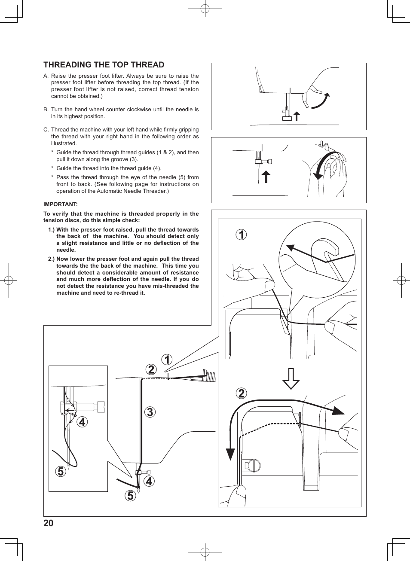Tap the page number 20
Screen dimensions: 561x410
tap(49, 523)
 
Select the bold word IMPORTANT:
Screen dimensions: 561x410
tap(60, 204)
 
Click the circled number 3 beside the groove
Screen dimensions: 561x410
tap(150, 412)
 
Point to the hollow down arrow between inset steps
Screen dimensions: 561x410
tap(291, 378)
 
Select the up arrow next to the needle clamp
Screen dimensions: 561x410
tap(266, 176)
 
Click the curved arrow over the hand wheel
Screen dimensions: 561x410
tap(320, 165)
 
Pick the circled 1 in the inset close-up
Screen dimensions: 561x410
tap(242, 235)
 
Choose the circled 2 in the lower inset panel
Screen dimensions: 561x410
tap(242, 393)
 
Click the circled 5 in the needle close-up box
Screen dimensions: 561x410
tap(61, 471)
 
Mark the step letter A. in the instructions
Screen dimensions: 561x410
tap(46, 76)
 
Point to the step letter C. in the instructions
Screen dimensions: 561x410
tap(46, 130)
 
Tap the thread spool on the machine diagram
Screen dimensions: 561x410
tap(210, 376)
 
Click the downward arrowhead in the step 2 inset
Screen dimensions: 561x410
tap(230, 454)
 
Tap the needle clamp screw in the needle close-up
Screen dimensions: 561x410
tap(101, 406)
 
